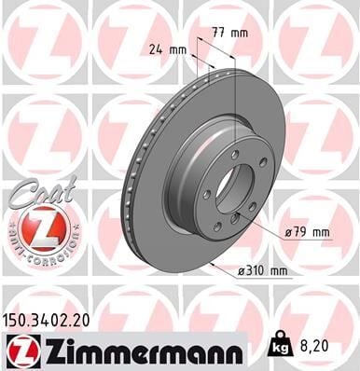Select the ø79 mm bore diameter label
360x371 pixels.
[x=309, y=230]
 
